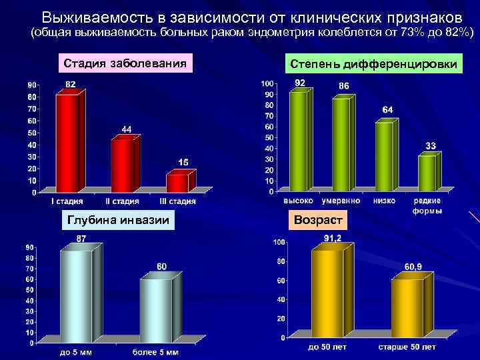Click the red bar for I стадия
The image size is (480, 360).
pyautogui.click(x=67, y=141)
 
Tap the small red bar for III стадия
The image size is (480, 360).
pyautogui.click(x=177, y=183)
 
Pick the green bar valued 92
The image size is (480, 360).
pyautogui.click(x=298, y=141)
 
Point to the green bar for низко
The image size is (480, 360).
pyautogui.click(x=384, y=156)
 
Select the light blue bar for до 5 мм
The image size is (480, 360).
pyautogui.click(x=76, y=296)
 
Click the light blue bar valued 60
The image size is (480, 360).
pyautogui.click(x=155, y=310)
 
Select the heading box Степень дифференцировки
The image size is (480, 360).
pyautogui.click(x=373, y=64)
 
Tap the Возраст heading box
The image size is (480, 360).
pyautogui.click(x=318, y=219)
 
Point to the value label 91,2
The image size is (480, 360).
pyautogui.click(x=333, y=238)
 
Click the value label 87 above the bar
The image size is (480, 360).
pyautogui.click(x=81, y=238)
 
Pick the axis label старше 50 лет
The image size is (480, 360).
pyautogui.click(x=407, y=347)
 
